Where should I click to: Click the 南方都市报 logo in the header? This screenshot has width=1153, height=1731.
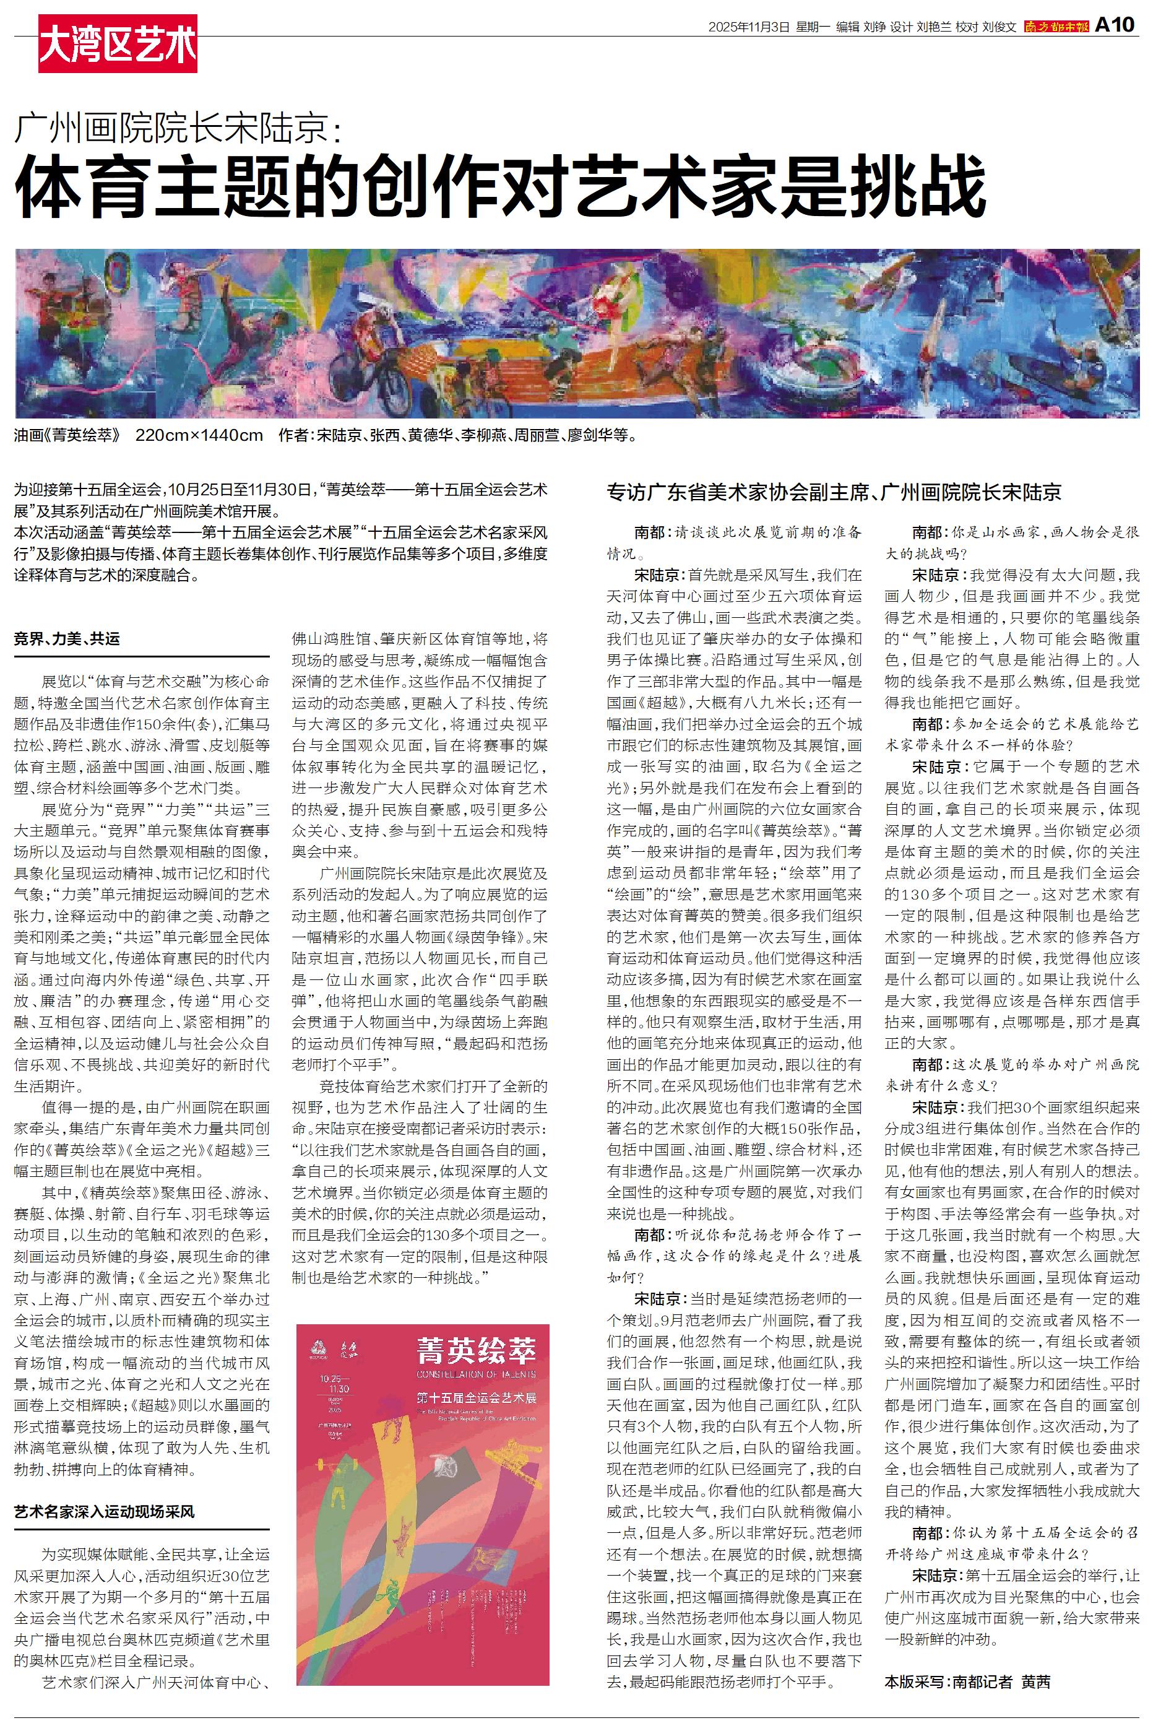tap(1056, 27)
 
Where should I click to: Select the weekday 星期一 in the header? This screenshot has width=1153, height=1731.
tap(812, 27)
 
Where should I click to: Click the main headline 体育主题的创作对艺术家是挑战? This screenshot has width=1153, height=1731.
tap(500, 186)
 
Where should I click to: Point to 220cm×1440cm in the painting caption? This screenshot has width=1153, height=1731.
tap(199, 435)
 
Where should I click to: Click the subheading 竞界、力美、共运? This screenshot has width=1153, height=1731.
tap(67, 638)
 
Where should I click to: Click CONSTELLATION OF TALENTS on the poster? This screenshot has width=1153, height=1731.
tap(476, 1374)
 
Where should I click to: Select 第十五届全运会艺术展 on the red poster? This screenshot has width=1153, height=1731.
tap(476, 1397)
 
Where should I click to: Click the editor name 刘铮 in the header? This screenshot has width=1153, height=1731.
tap(874, 27)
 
